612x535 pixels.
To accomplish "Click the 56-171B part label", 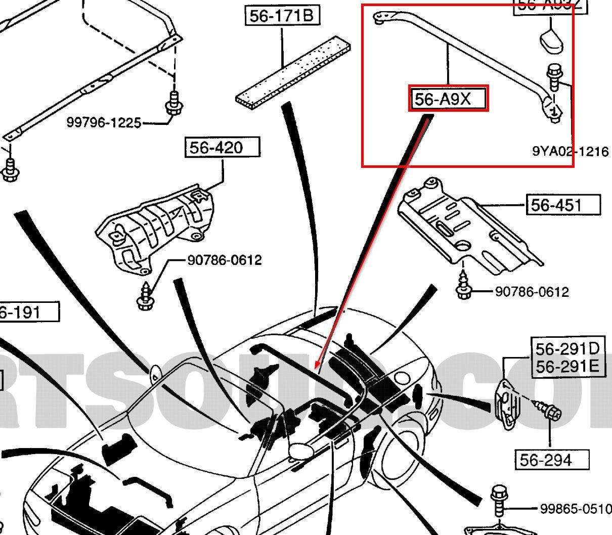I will pos(281,16).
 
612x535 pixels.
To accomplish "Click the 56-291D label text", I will pos(567,349).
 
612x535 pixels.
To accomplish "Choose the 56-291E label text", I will pos(567,366).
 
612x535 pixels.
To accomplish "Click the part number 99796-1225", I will pos(104,122).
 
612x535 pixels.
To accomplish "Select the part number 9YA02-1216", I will pos(570,151).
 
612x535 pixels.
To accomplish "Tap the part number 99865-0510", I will pos(576,508).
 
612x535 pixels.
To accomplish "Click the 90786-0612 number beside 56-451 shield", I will pos(532,292).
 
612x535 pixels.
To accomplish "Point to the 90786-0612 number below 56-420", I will pos(225,260).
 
